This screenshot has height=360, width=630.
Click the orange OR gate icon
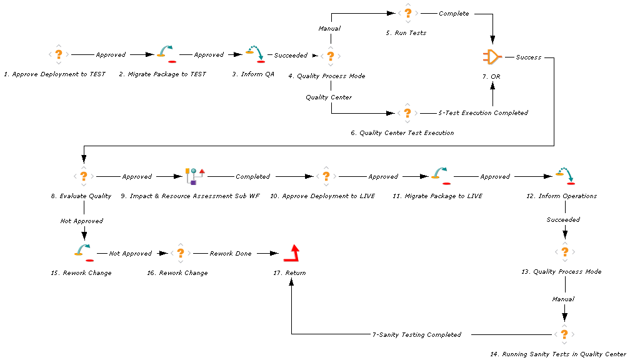click(492, 57)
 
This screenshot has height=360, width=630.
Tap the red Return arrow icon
click(291, 253)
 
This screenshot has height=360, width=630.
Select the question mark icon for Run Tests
click(408, 13)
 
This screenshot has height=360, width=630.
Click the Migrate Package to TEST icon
click(166, 54)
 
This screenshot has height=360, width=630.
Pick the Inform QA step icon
click(256, 54)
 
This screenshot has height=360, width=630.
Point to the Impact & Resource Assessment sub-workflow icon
click(195, 176)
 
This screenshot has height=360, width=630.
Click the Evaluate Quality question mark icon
click(83, 176)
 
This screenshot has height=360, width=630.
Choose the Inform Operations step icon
click(566, 176)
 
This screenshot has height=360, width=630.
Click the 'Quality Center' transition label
click(329, 97)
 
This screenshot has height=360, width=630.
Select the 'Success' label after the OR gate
click(529, 57)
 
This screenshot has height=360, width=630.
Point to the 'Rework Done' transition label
click(231, 253)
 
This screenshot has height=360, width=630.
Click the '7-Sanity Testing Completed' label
click(417, 334)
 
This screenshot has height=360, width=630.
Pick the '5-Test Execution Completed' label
click(482, 112)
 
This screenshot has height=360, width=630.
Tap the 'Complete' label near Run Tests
click(454, 13)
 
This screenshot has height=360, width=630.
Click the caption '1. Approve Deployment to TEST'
click(54, 74)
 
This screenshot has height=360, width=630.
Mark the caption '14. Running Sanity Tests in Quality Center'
click(558, 354)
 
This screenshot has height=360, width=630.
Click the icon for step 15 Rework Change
click(83, 253)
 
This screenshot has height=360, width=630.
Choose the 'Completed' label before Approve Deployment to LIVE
click(252, 176)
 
